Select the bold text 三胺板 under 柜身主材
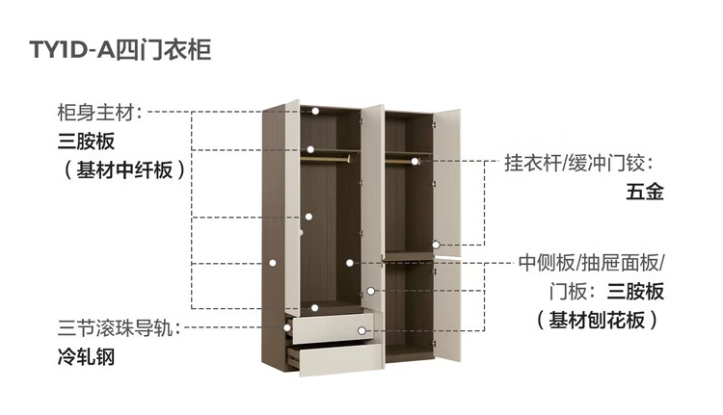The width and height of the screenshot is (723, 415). [86, 142]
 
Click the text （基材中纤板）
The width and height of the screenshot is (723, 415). [118, 170]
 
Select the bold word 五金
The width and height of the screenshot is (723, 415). [645, 192]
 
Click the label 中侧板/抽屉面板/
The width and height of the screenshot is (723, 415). [591, 263]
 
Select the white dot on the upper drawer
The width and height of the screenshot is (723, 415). [361, 330]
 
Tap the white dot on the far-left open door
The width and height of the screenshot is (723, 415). [274, 261]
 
